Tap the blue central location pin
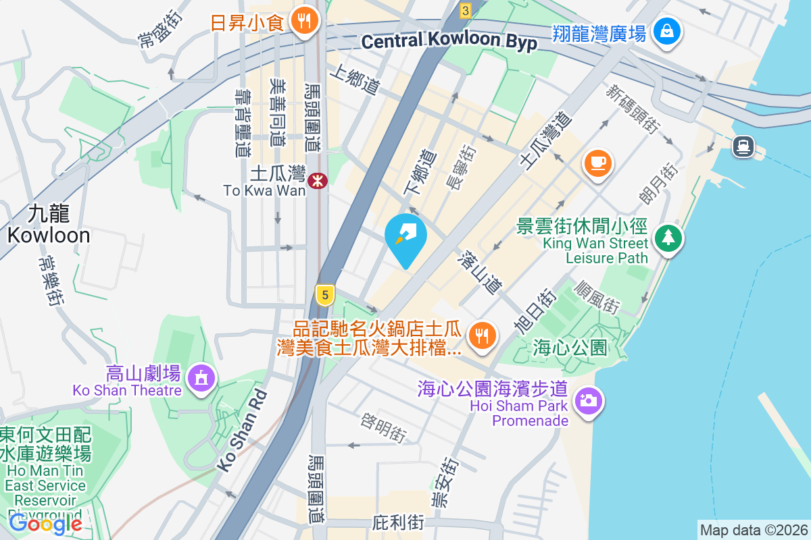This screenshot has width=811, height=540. (x=405, y=238)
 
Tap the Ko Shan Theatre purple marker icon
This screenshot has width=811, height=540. (x=201, y=378)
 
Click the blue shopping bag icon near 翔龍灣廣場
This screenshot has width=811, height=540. (x=667, y=31)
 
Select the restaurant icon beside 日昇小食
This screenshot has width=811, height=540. (x=305, y=22)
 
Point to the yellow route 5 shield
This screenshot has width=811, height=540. (x=325, y=295)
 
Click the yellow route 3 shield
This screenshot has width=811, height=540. (x=465, y=10)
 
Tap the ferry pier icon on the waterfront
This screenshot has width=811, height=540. (x=743, y=146)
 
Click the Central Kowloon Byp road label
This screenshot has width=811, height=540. (x=449, y=42)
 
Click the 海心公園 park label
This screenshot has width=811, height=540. (x=570, y=348)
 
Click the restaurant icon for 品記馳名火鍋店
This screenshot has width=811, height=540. (x=482, y=335)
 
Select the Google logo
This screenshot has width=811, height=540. (x=45, y=523)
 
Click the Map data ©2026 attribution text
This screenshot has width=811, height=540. (x=754, y=530)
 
